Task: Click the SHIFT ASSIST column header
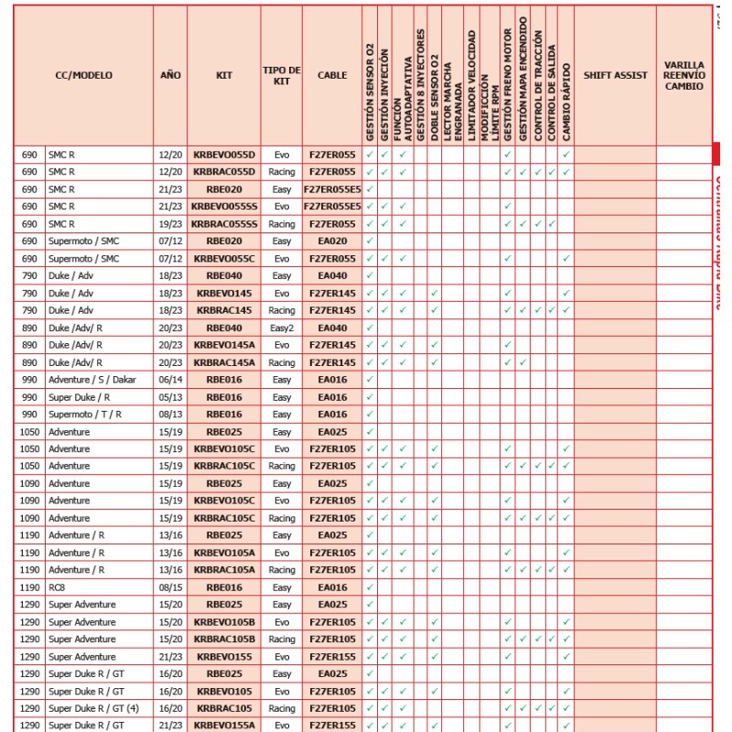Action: click(615, 75)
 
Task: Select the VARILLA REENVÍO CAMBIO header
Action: click(684, 75)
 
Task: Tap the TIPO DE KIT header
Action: click(282, 75)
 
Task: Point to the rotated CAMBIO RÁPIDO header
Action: click(566, 102)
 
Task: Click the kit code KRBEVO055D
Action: click(224, 156)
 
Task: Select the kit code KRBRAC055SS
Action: click(224, 224)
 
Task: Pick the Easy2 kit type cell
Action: click(282, 327)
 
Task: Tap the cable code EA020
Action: click(332, 241)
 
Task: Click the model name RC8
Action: click(57, 587)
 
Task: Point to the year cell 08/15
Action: click(170, 587)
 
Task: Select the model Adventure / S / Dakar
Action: click(92, 379)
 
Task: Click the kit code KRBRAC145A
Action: click(224, 361)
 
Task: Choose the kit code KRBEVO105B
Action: click(224, 622)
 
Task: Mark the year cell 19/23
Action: click(170, 224)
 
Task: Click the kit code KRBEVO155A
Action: click(224, 725)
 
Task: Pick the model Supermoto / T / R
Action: click(85, 414)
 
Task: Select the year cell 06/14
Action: click(170, 379)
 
